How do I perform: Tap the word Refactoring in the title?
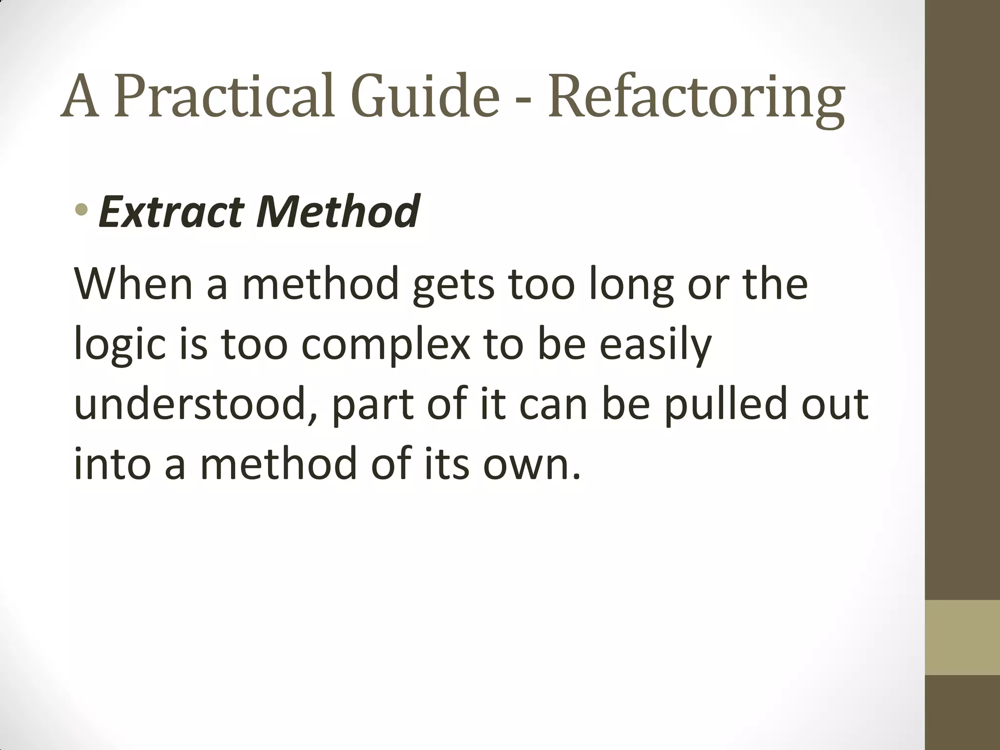pos(696,98)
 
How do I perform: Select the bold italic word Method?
pos(337,211)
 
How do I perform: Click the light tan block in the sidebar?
pos(962,637)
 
